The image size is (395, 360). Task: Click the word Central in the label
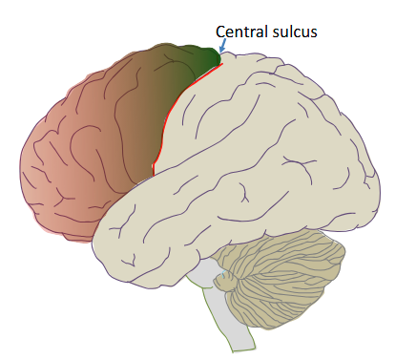click(241, 32)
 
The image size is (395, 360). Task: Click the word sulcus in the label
click(295, 32)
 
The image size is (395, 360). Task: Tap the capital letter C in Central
click(221, 32)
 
